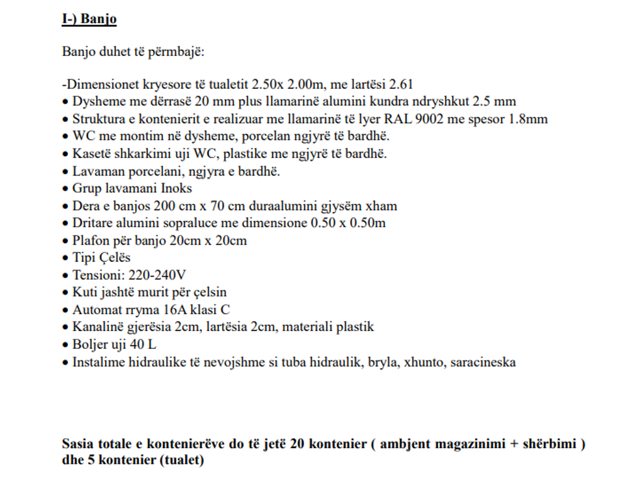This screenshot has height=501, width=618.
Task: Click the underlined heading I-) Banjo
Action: point(89,20)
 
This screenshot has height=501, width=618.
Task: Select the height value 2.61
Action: point(401,84)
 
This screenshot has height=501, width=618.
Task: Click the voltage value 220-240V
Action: point(157,275)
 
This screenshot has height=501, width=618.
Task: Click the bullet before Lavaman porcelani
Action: point(65,171)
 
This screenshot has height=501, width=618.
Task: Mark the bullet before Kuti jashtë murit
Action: point(65,293)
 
